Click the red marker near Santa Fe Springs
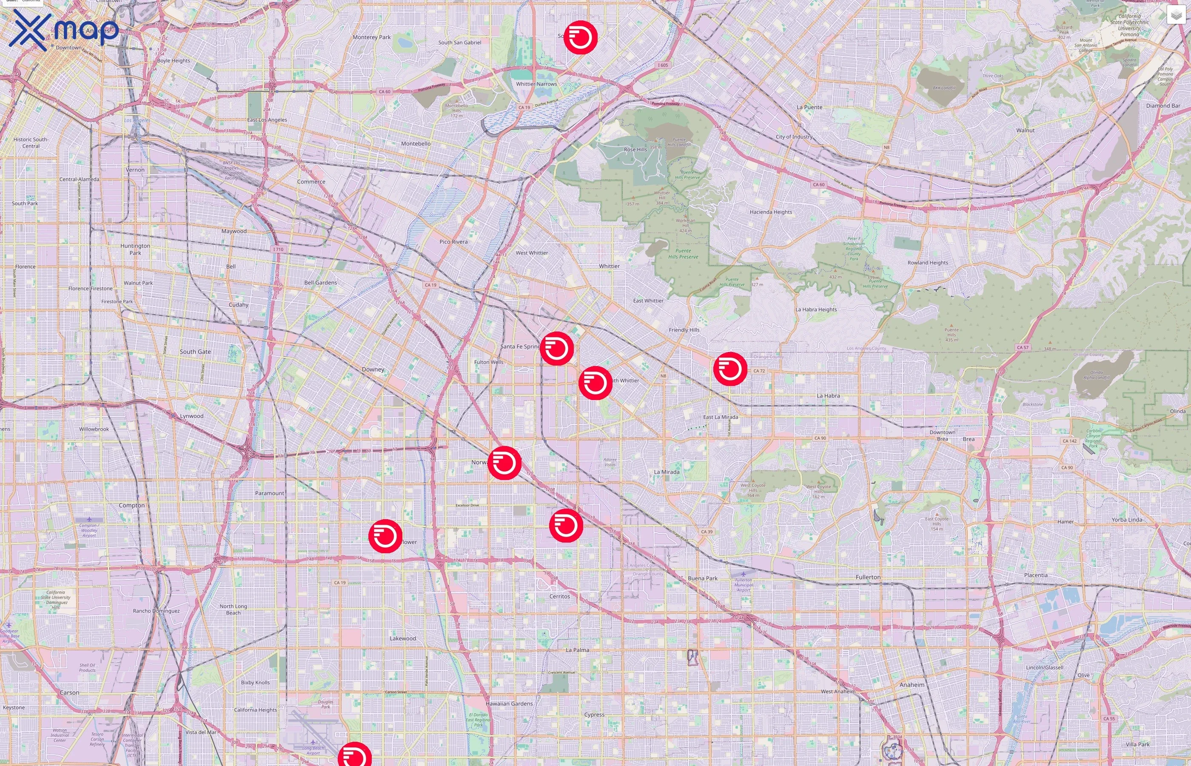(557, 349)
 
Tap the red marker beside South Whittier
(595, 383)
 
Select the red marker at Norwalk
(504, 463)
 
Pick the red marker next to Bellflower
(385, 536)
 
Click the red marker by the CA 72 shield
(730, 369)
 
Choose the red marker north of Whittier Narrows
(580, 37)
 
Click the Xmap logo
(64, 30)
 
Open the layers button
(1176, 15)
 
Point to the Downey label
(373, 369)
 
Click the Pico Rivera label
(453, 242)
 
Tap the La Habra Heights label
(816, 309)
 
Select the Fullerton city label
(868, 577)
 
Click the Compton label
(132, 506)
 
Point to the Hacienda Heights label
(770, 212)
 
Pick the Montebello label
(416, 144)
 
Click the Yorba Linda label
(1127, 520)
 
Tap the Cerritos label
(559, 596)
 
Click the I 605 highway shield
(663, 65)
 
